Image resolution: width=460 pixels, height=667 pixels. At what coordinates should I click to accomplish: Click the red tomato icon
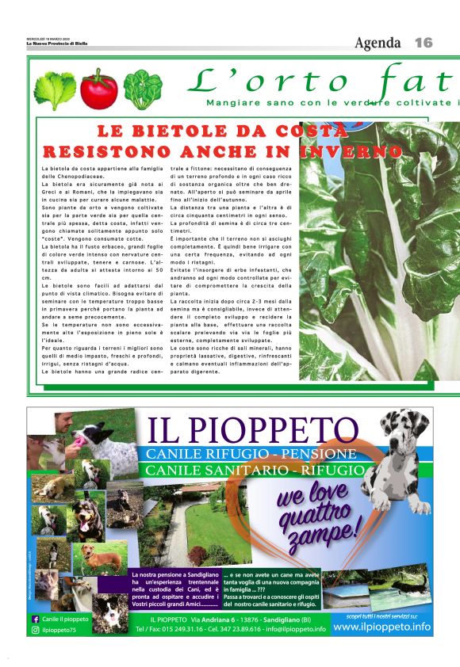coord(98,90)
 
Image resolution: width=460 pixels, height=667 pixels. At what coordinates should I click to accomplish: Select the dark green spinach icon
coord(143,90)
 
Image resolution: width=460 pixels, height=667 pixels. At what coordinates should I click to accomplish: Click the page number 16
coord(424,43)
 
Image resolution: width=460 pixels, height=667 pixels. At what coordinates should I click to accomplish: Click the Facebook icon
coord(36,619)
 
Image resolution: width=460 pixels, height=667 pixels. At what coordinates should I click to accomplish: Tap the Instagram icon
coord(36,630)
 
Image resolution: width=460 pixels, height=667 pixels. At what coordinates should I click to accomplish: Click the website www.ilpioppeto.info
coord(381,627)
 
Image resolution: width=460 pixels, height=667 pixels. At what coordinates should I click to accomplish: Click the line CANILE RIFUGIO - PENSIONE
coord(249,454)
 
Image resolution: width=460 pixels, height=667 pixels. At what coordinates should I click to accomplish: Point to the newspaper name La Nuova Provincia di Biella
coord(56,44)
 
